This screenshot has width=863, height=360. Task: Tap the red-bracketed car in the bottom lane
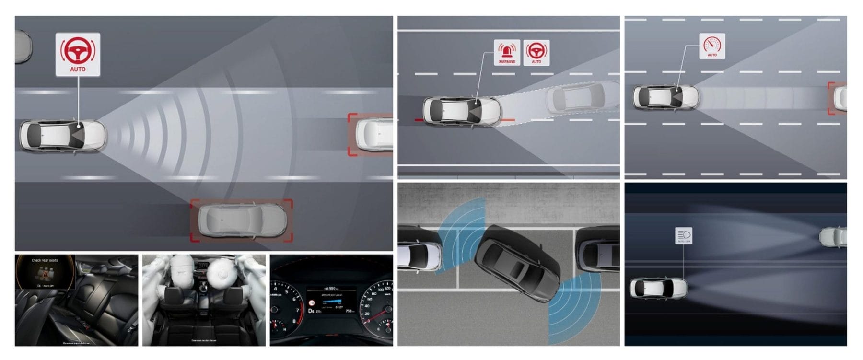[x=242, y=221]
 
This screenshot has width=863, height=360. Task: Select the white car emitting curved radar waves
[x=62, y=135]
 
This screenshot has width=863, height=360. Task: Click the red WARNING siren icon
[x=507, y=52]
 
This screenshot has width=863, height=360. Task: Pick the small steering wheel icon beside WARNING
[x=536, y=52]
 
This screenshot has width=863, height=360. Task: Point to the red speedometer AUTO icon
[x=712, y=46]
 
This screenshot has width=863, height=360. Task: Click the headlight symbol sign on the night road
[x=684, y=235]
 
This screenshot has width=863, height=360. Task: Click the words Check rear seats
[x=45, y=260]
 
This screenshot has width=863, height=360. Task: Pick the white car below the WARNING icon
[x=461, y=111]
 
